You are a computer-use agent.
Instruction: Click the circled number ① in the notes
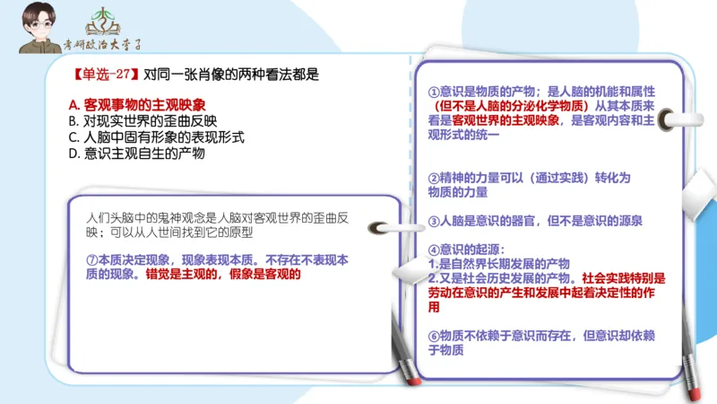(x=434, y=92)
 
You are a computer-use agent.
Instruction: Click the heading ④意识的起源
(x=466, y=249)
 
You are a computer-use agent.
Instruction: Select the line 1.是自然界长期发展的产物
(x=498, y=264)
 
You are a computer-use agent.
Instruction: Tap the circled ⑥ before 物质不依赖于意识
(x=434, y=336)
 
